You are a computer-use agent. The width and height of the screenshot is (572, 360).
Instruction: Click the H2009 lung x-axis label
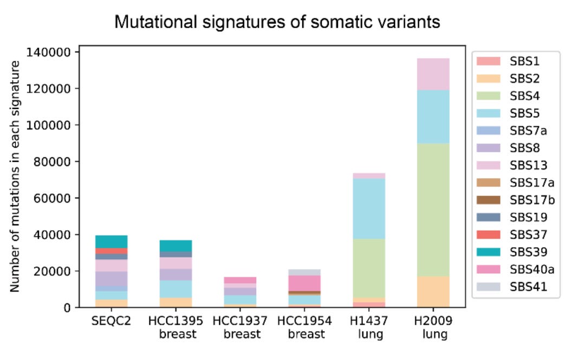pos(435,328)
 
